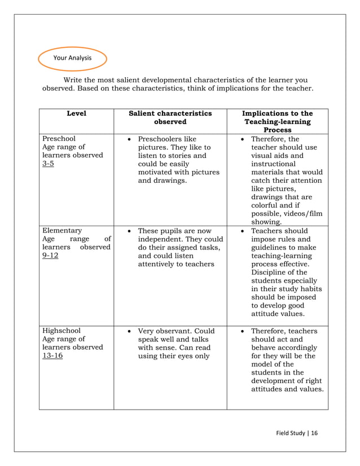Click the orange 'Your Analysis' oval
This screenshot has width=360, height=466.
72,58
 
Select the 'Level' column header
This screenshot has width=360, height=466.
76,114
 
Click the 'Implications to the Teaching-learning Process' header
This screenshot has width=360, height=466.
277,121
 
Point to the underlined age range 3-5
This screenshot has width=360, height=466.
48,164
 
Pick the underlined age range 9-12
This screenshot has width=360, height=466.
50,256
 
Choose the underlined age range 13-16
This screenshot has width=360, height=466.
52,356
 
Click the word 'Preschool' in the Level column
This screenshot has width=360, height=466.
59,139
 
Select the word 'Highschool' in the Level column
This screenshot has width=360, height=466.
62,331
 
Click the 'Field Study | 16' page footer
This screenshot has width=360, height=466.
296,433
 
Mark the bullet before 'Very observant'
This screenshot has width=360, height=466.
130,331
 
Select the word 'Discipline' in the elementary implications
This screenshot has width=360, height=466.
268,272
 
